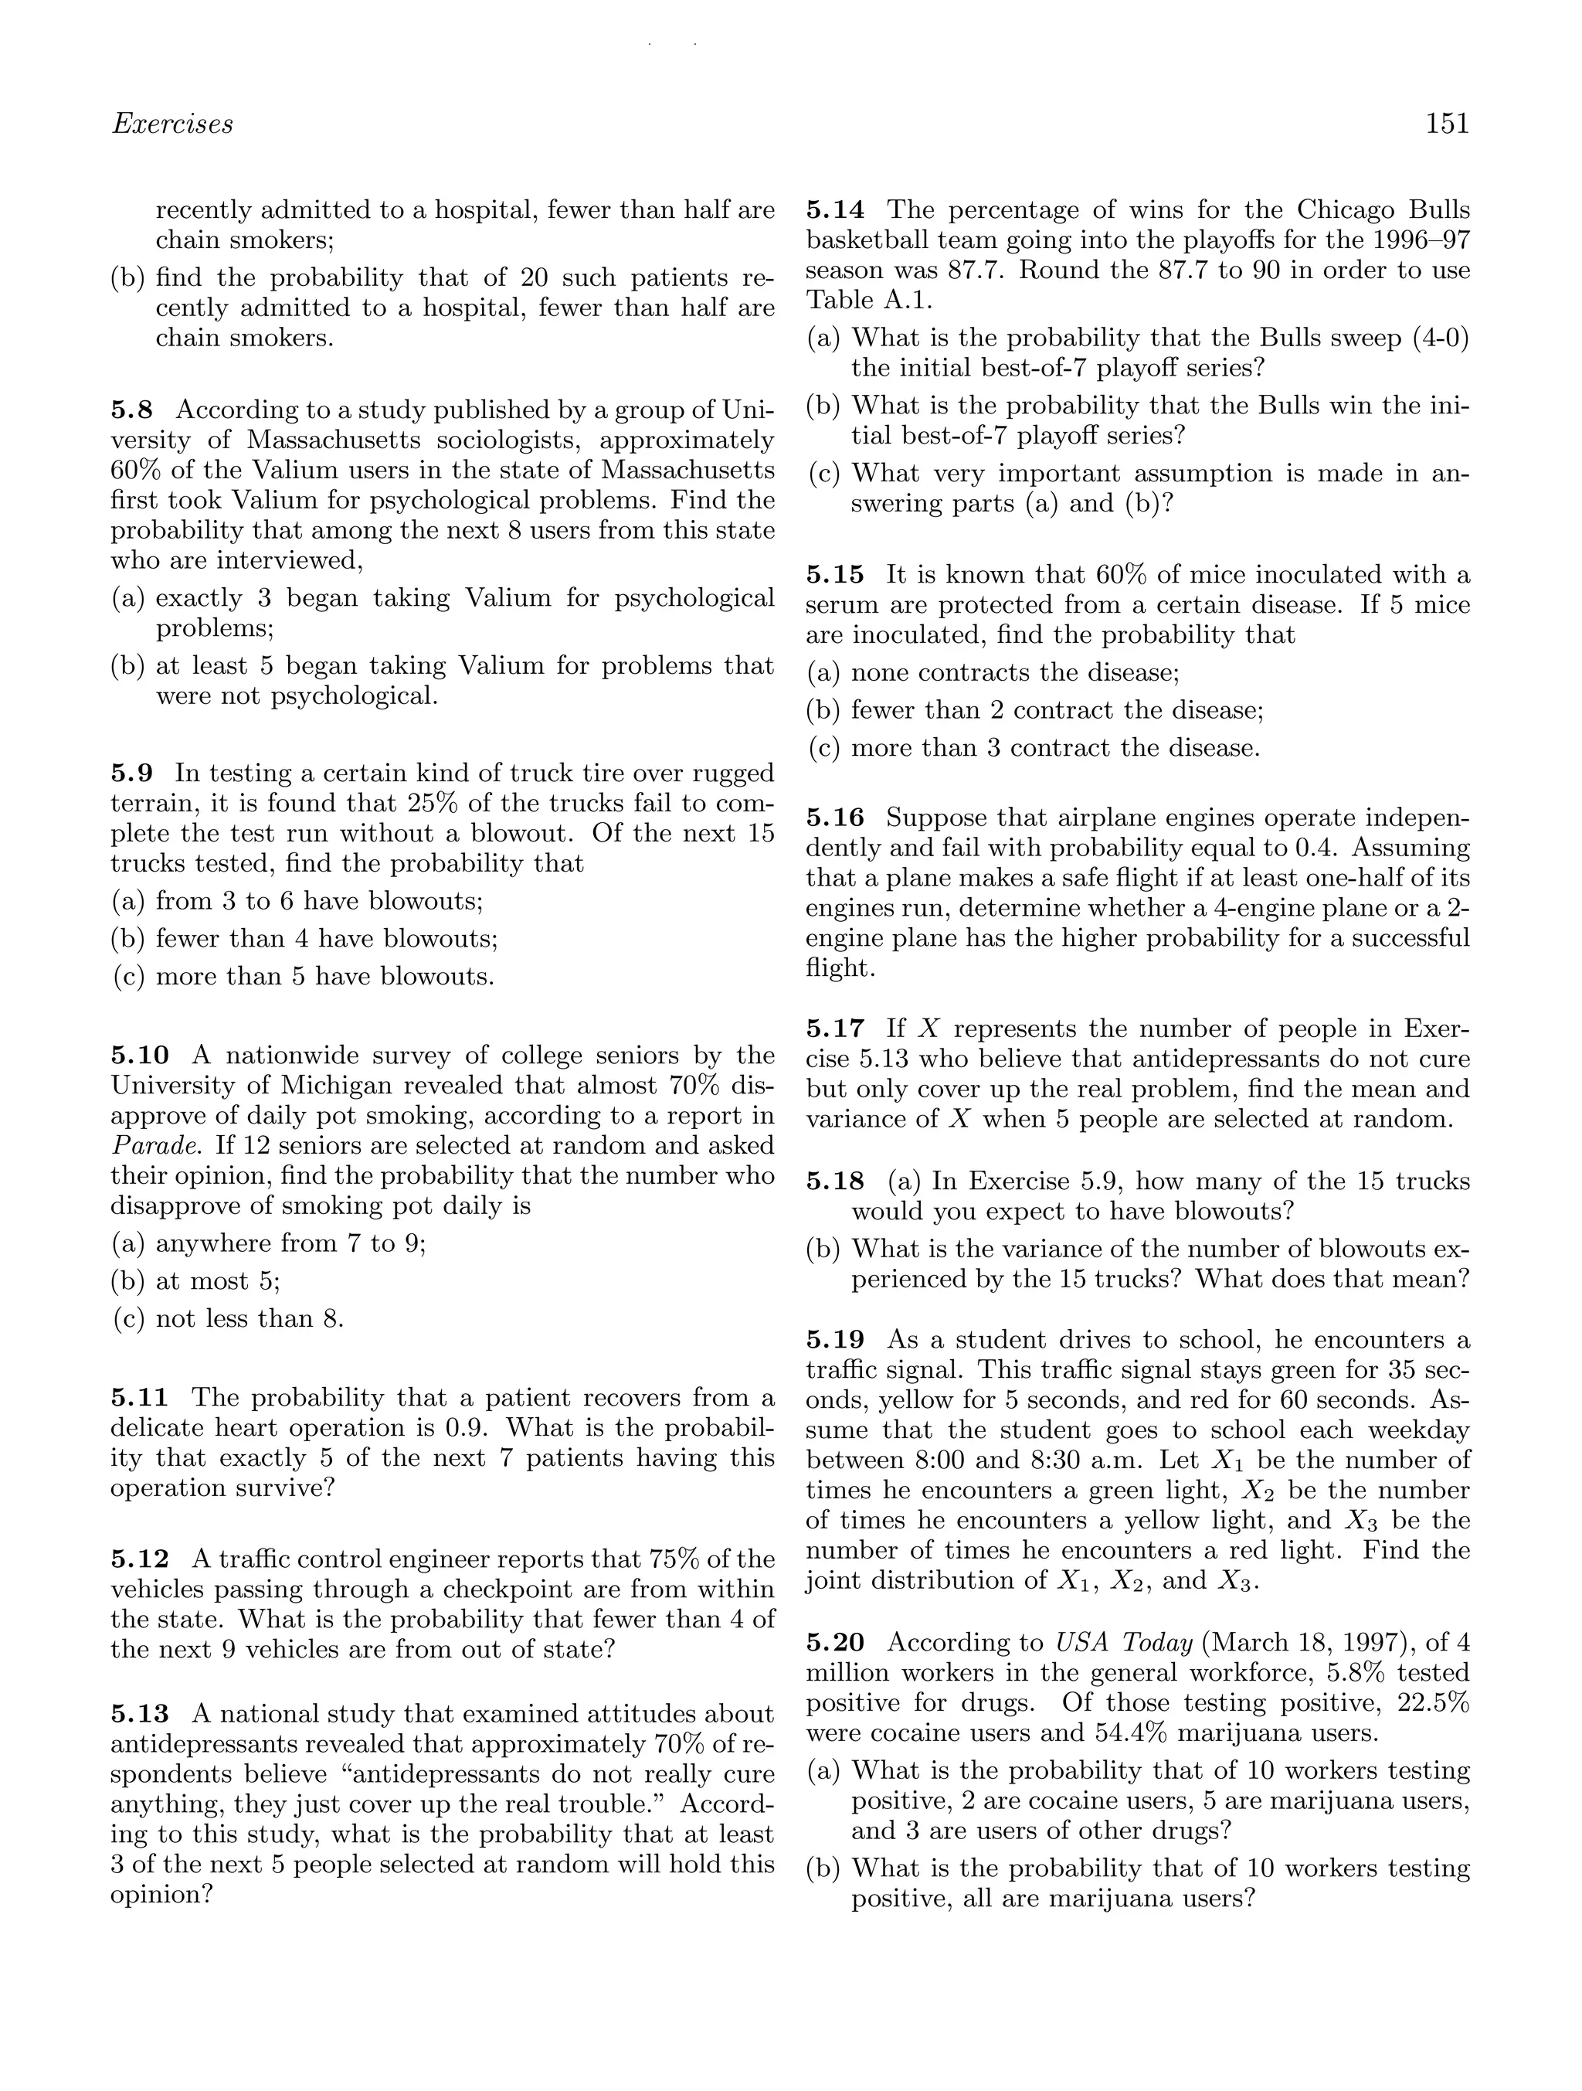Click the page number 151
tap(1447, 124)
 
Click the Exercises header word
tap(172, 124)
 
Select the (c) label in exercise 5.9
tap(128, 977)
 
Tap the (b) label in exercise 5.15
tap(824, 710)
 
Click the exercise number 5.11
tap(140, 1397)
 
